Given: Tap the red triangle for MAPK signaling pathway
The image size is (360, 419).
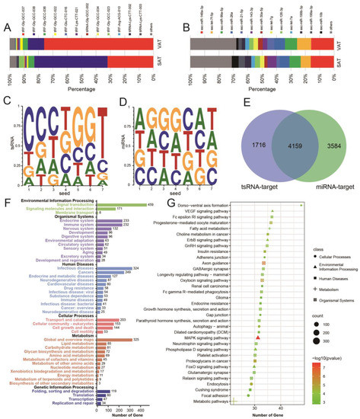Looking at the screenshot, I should click(260, 315).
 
